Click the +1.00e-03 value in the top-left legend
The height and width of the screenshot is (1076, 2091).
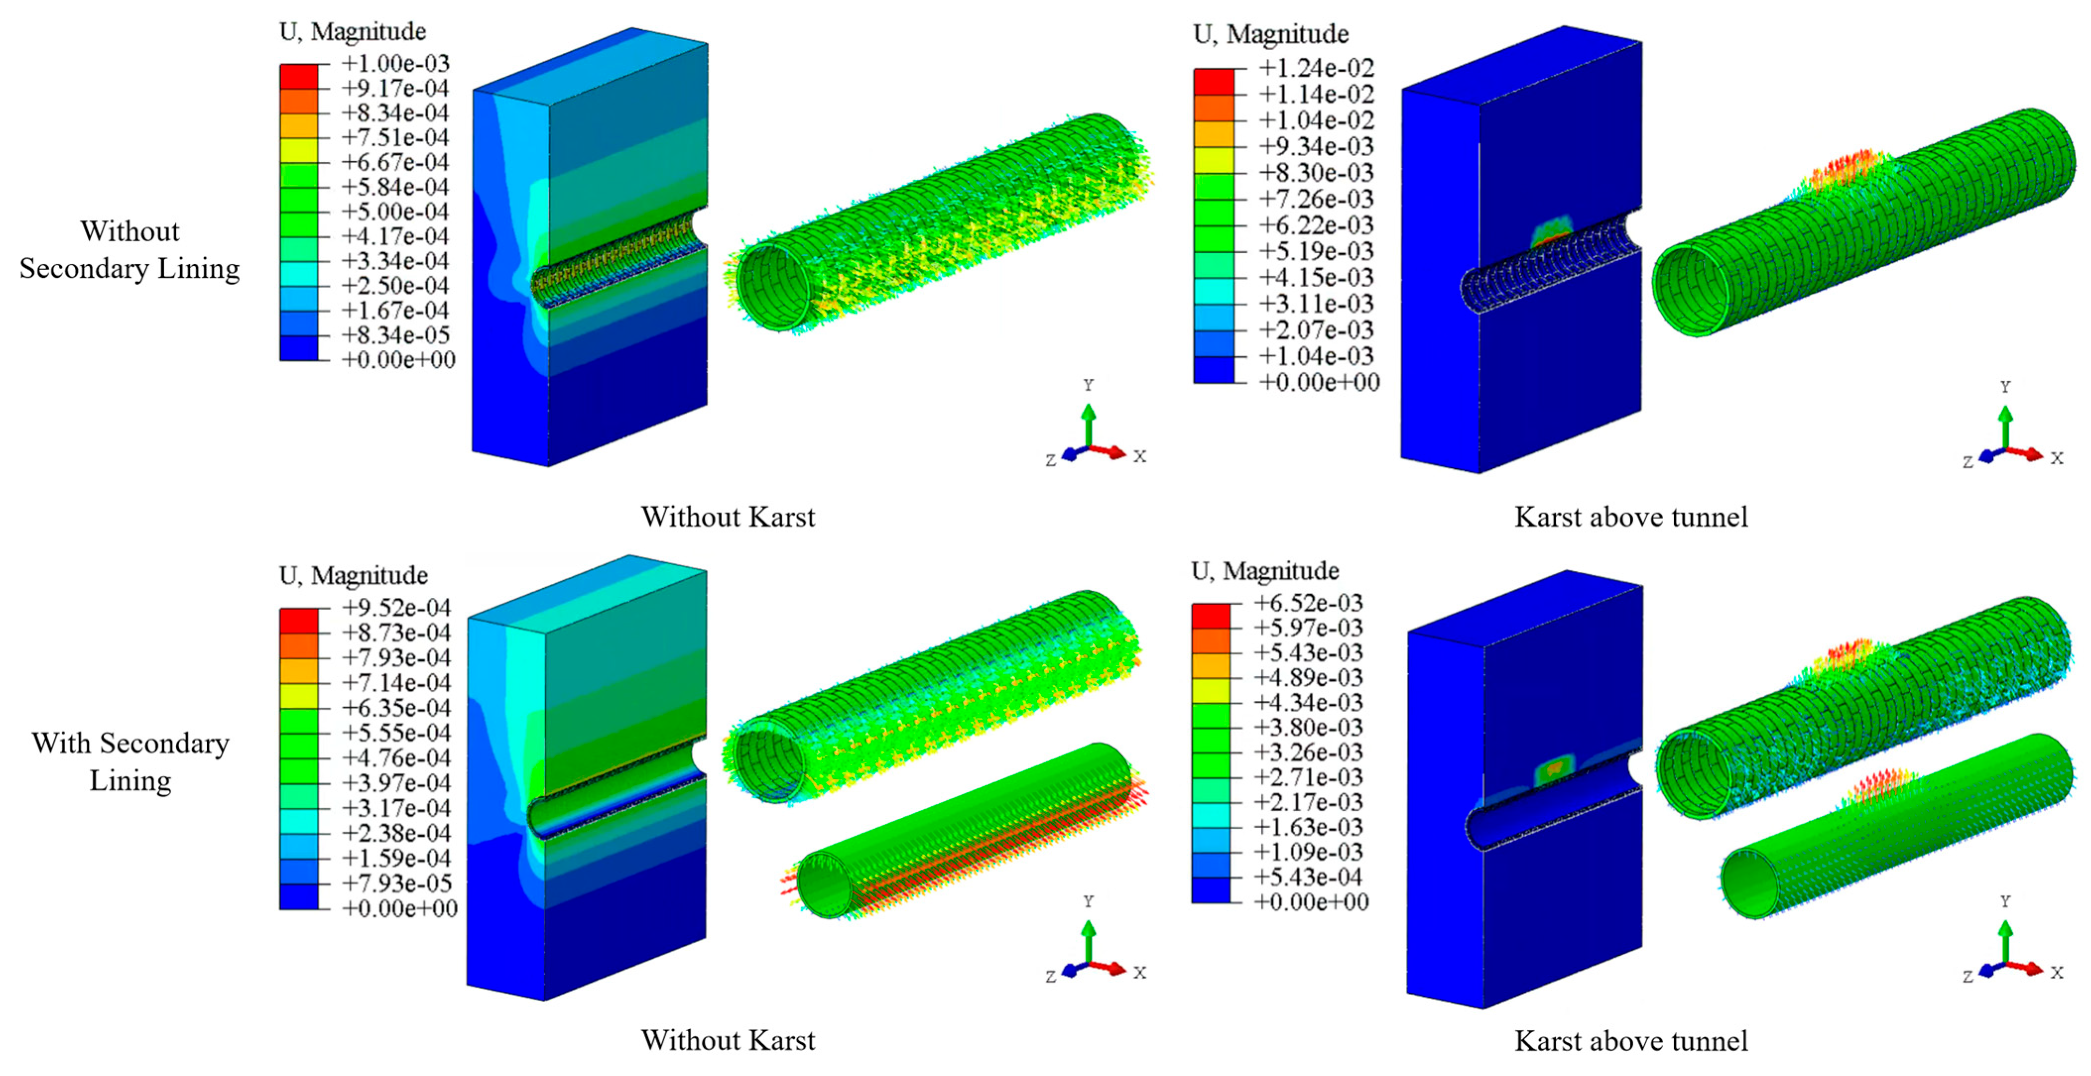point(395,63)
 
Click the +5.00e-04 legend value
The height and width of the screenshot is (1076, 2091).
point(395,211)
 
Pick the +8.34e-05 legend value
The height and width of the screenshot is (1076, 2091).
point(395,335)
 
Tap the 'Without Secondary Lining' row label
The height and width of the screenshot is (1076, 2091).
point(130,250)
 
